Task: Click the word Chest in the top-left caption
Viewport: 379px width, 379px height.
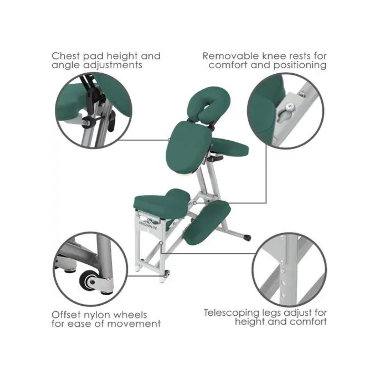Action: click(x=65, y=56)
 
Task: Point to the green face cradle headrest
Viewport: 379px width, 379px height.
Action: click(x=208, y=104)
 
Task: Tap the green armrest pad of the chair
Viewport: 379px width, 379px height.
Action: click(x=229, y=147)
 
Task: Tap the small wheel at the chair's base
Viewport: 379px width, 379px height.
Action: click(x=167, y=274)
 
